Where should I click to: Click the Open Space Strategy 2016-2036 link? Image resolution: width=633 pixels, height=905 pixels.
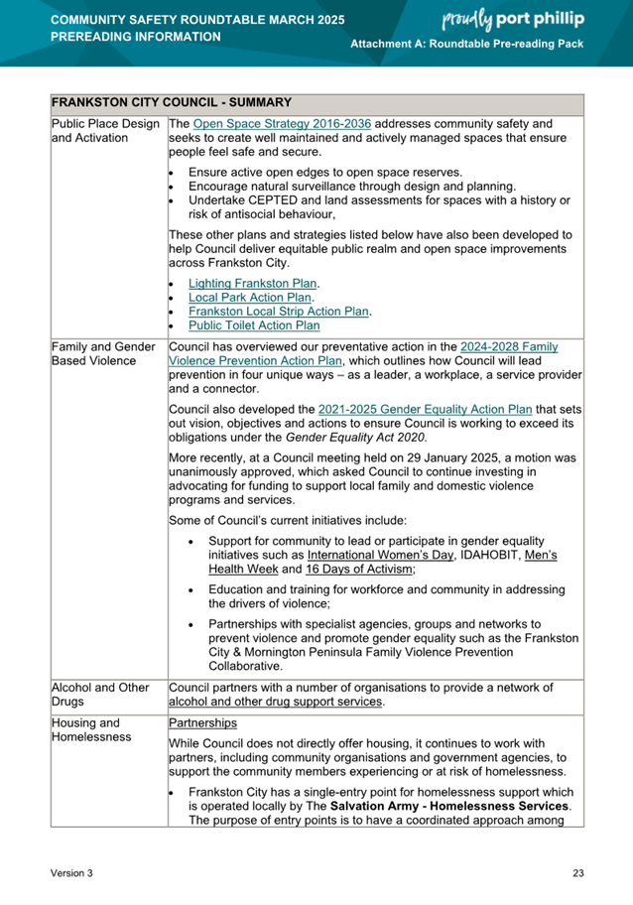tap(282, 124)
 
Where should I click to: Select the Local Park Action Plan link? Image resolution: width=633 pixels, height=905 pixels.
tap(250, 297)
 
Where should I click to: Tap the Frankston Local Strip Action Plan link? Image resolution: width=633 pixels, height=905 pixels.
tap(279, 311)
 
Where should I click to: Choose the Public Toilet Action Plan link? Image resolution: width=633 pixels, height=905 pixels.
tap(254, 324)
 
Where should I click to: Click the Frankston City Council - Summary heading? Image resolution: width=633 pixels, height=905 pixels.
tap(171, 102)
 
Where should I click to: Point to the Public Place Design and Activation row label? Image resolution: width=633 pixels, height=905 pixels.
tap(105, 131)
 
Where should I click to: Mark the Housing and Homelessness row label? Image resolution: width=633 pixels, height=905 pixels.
tap(92, 730)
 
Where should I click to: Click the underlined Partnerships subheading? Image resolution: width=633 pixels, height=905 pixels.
tap(203, 723)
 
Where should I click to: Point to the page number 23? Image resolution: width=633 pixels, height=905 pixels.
tap(577, 872)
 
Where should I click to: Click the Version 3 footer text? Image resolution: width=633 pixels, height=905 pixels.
tap(72, 872)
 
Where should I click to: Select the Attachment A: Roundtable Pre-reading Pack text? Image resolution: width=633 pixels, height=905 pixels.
tap(467, 47)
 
